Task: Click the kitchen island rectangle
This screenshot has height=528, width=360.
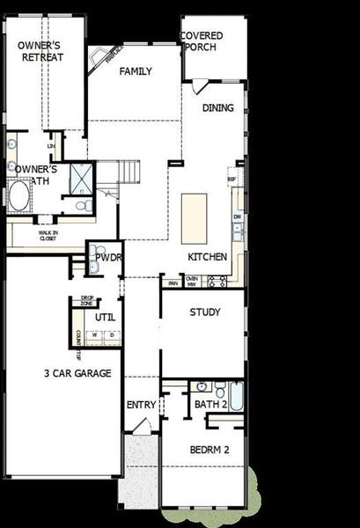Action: [195, 218]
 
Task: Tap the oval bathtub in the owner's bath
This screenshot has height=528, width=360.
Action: [18, 196]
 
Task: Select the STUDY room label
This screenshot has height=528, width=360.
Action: [204, 312]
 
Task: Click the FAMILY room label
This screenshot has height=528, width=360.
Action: [136, 72]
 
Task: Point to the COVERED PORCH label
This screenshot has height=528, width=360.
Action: [202, 40]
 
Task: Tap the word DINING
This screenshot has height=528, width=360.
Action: [219, 108]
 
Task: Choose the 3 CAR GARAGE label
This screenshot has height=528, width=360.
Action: [77, 373]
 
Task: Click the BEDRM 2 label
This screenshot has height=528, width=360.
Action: [209, 450]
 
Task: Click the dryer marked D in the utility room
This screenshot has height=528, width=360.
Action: [111, 335]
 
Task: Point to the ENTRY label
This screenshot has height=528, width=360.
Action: [141, 405]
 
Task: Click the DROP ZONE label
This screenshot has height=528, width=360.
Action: [87, 301]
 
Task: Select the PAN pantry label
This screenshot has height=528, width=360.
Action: [173, 282]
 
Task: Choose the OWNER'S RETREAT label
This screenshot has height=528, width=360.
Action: [40, 51]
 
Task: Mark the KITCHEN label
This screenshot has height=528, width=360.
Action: [208, 257]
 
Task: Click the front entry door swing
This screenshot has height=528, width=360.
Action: [138, 427]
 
